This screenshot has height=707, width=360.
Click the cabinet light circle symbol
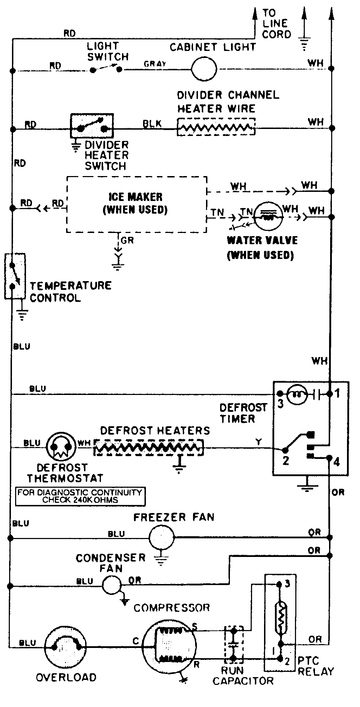click(204, 69)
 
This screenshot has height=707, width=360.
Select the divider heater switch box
click(92, 126)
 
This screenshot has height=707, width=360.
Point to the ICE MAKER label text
click(135, 197)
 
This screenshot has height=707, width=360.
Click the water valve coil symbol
click(268, 216)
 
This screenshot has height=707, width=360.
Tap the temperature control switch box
click(15, 276)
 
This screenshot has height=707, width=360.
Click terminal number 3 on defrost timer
click(280, 404)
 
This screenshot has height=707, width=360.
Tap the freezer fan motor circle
click(161, 537)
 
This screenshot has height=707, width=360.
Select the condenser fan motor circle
click(112, 585)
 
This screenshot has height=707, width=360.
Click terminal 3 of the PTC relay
click(287, 584)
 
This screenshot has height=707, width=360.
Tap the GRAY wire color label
click(155, 64)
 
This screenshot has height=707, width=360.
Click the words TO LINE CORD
click(276, 24)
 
